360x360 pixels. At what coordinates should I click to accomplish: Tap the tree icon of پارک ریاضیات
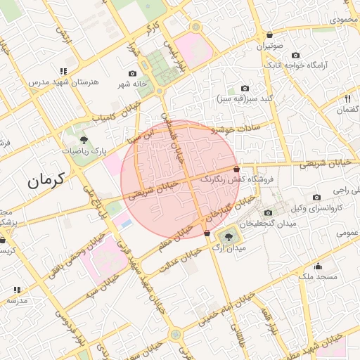pyautogui.click(x=84, y=139)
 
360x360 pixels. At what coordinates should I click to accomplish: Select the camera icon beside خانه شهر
pyautogui.click(x=132, y=73)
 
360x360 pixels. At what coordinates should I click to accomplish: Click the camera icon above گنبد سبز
pyautogui.click(x=245, y=89)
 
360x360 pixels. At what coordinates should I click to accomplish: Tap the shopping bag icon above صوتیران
pyautogui.click(x=269, y=35)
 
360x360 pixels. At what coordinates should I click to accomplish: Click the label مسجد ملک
pyautogui.click(x=318, y=276)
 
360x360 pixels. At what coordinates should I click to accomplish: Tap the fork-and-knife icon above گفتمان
pyautogui.click(x=348, y=99)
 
